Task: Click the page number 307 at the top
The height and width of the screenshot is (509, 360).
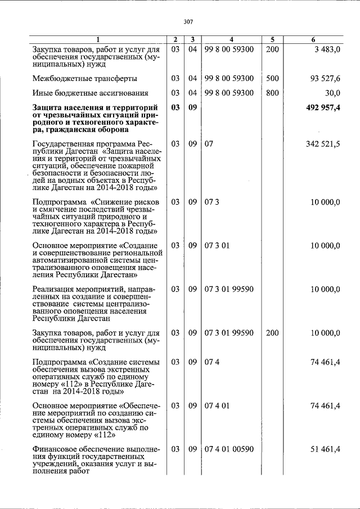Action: pyautogui.click(x=188, y=21)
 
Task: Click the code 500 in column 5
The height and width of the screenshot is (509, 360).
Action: pyautogui.click(x=272, y=78)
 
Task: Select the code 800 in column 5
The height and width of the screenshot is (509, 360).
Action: pyautogui.click(x=272, y=93)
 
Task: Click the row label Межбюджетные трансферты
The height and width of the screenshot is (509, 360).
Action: pyautogui.click(x=84, y=78)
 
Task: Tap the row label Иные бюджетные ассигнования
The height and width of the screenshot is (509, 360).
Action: pyautogui.click(x=91, y=93)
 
